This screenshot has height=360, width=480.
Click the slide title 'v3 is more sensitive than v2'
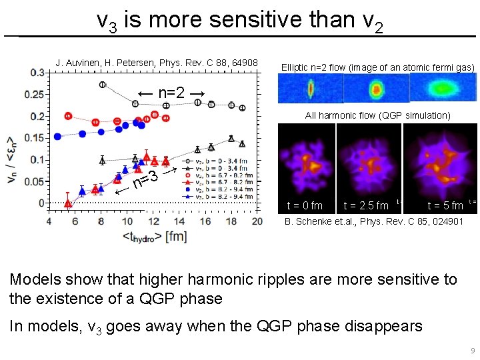239,20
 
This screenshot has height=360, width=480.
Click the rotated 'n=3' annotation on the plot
145,180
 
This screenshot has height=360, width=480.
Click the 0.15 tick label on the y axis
34,138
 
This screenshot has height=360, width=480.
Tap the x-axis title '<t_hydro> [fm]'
155,236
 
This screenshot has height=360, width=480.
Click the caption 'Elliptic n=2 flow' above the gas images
377,67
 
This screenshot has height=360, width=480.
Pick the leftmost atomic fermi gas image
310,89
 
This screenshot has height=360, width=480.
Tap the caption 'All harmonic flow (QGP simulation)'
377,115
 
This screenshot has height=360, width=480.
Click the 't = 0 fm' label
304,205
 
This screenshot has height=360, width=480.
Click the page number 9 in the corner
472,351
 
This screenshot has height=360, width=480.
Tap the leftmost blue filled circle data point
58,137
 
